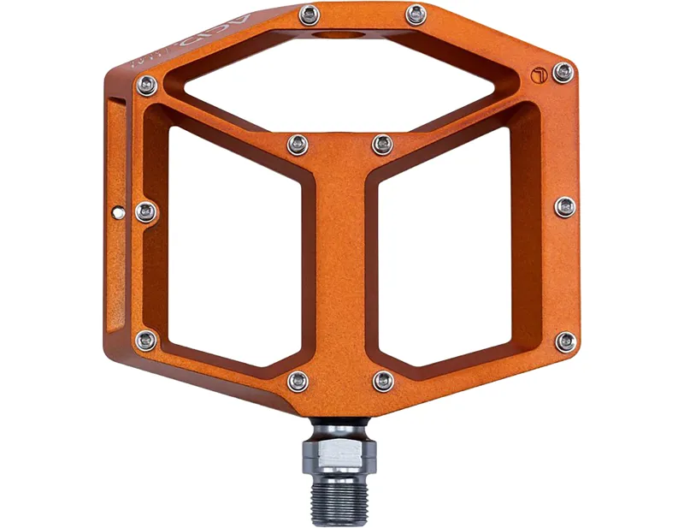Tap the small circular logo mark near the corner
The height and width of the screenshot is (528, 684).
(536, 73)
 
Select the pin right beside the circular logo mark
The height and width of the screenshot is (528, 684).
(563, 72)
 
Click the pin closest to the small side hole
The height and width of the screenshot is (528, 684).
(146, 211)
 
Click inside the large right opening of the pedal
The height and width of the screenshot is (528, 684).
(453, 248)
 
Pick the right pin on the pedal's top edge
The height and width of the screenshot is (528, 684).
(416, 14)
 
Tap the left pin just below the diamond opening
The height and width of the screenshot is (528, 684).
(298, 144)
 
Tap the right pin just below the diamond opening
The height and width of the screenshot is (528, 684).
(382, 144)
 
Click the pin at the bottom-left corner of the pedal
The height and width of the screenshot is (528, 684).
(146, 341)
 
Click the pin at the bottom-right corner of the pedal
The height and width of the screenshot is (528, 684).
(565, 341)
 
